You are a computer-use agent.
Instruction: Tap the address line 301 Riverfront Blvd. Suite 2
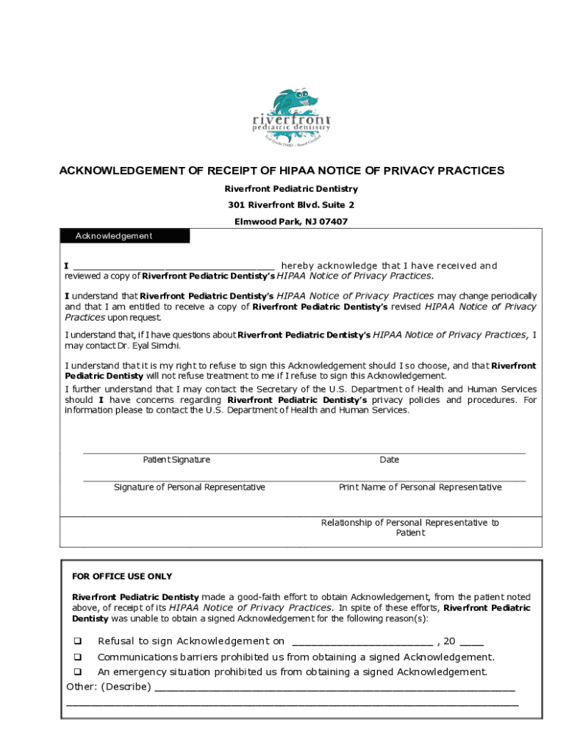click(291, 205)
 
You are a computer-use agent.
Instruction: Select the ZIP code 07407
click(332, 221)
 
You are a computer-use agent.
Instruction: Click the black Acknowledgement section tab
click(124, 236)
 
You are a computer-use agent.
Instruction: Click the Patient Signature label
click(176, 460)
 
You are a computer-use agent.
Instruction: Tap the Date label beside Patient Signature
click(389, 460)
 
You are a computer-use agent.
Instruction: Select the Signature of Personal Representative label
click(190, 488)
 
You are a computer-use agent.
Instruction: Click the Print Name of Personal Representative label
click(420, 488)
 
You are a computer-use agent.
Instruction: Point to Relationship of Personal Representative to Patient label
click(409, 527)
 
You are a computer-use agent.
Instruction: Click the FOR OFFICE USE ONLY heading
click(122, 577)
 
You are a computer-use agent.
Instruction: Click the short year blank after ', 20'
click(472, 642)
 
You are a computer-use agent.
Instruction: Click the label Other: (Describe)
click(109, 687)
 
